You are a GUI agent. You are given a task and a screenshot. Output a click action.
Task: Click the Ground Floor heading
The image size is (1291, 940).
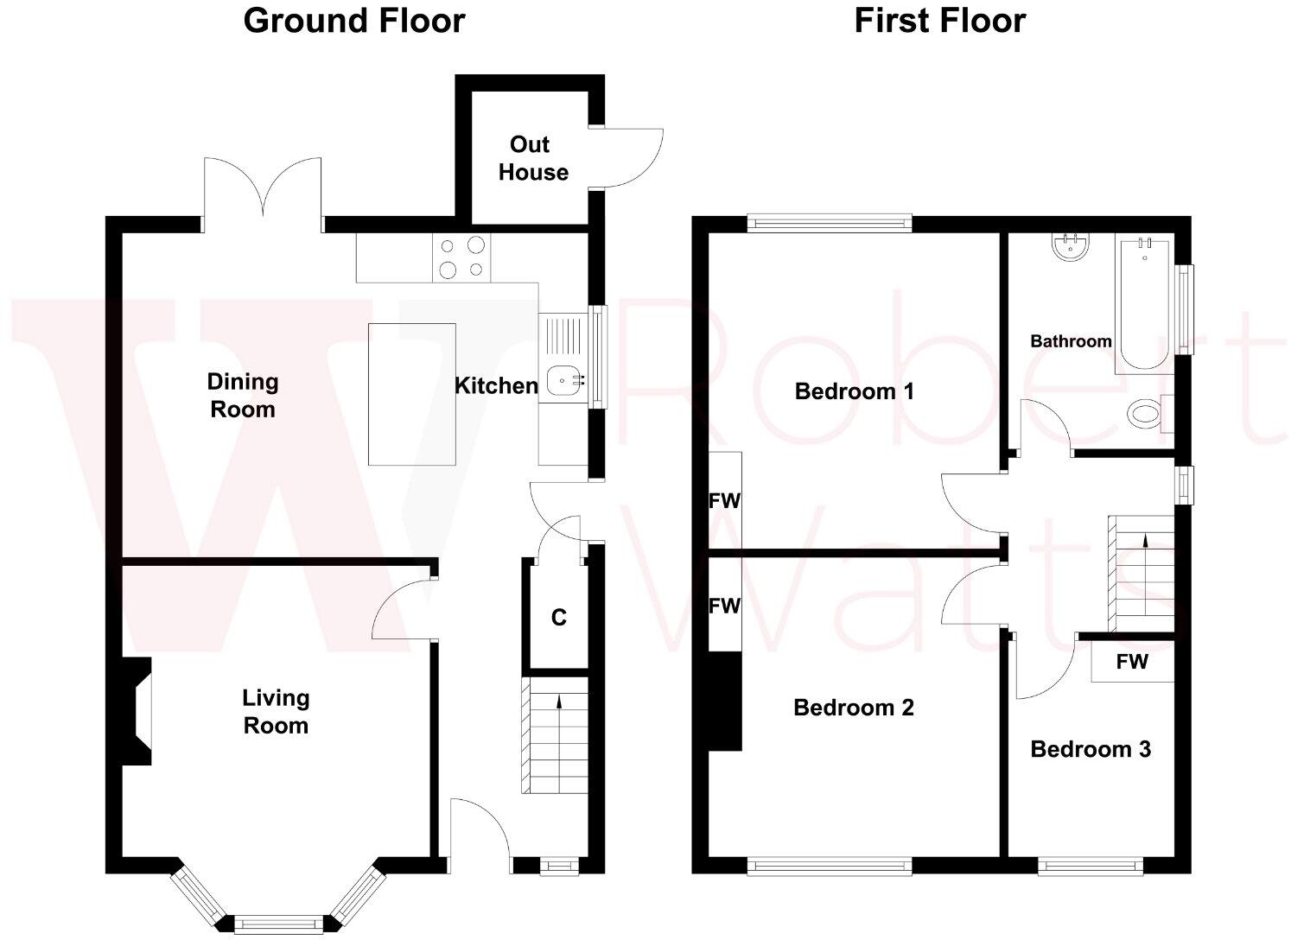click(x=354, y=21)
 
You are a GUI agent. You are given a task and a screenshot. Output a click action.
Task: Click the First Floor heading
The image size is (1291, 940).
click(x=939, y=21)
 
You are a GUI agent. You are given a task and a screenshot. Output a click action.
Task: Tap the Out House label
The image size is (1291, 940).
click(x=532, y=158)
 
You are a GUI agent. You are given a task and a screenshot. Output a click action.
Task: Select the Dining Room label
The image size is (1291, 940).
click(x=243, y=395)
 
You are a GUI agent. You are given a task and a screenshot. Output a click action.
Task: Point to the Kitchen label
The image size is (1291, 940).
click(x=496, y=385)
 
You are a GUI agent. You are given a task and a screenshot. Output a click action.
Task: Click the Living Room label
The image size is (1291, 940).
click(x=276, y=711)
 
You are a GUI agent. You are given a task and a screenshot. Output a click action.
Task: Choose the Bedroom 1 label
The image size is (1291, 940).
click(x=854, y=391)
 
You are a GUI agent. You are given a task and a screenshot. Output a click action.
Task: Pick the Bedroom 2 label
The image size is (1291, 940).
click(x=853, y=708)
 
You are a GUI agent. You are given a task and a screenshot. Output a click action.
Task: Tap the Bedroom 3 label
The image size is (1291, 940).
click(x=1091, y=749)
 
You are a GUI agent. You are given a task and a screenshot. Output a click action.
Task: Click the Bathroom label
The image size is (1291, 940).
click(x=1071, y=341)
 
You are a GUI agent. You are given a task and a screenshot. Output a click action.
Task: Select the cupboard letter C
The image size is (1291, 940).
click(x=559, y=618)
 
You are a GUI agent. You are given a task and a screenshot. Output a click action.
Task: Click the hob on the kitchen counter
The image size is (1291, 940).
click(x=461, y=257)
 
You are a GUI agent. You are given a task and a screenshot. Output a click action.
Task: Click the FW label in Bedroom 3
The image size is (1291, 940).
click(x=1132, y=662)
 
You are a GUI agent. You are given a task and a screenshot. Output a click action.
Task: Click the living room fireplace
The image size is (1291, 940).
click(x=139, y=711)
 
